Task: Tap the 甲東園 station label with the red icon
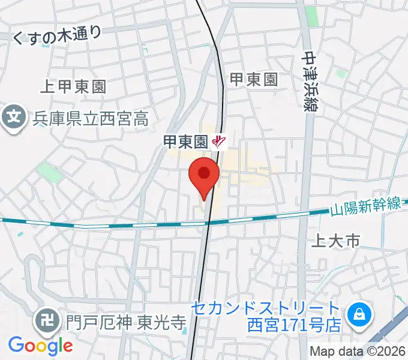pyautogui.click(x=185, y=142)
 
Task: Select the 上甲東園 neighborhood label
pyautogui.click(x=73, y=86)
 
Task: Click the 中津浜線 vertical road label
pyautogui.click(x=310, y=81)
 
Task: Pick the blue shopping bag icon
pyautogui.click(x=359, y=313)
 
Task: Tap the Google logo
pyautogui.click(x=40, y=346)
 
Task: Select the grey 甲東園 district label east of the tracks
pyautogui.click(x=254, y=79)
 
